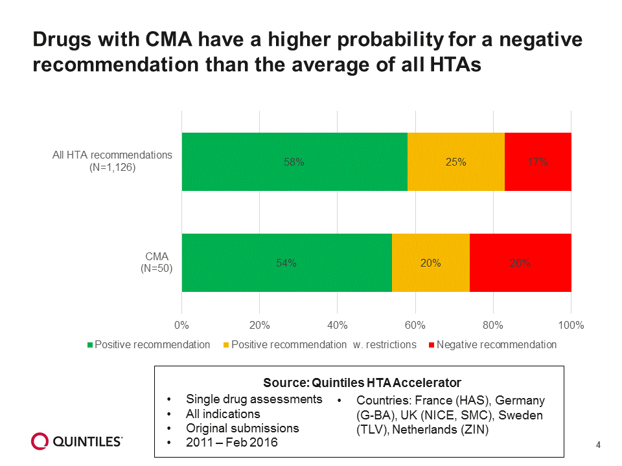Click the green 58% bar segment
pos(294,162)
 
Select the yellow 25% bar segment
pos(455,162)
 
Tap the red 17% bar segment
pos(538,162)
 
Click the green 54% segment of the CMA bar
pos(286,263)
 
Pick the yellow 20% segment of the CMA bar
pos(430,263)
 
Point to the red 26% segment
pos(520,263)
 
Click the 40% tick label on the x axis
pos(338,325)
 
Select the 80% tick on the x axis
pos(493,325)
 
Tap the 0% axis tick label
pos(182,325)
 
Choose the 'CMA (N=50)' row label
pos(157,262)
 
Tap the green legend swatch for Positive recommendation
pos(91,345)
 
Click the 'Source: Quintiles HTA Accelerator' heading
pos(362,382)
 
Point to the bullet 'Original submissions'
pos(242,428)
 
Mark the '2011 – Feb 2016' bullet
pos(232,443)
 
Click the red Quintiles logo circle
pos(40,441)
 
